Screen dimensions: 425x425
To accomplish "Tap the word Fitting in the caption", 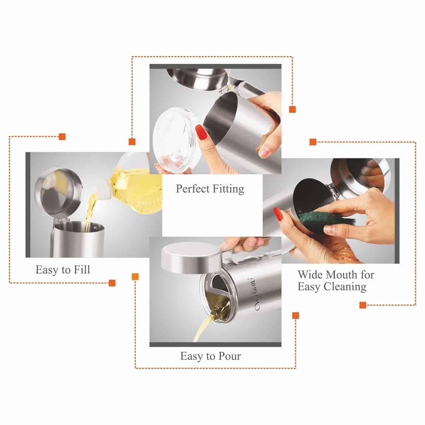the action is (x=228, y=189).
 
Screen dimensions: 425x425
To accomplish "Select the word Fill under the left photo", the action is (x=82, y=269).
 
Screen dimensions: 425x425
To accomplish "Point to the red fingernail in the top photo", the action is (x=201, y=132).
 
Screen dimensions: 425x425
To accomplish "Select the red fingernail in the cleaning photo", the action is (x=278, y=214).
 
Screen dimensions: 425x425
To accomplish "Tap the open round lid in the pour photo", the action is (x=190, y=258).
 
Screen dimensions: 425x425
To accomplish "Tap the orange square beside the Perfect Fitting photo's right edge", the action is (x=292, y=109).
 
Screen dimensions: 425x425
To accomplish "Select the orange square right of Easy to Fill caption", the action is (x=112, y=283).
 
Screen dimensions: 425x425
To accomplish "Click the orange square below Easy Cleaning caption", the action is (x=363, y=305).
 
